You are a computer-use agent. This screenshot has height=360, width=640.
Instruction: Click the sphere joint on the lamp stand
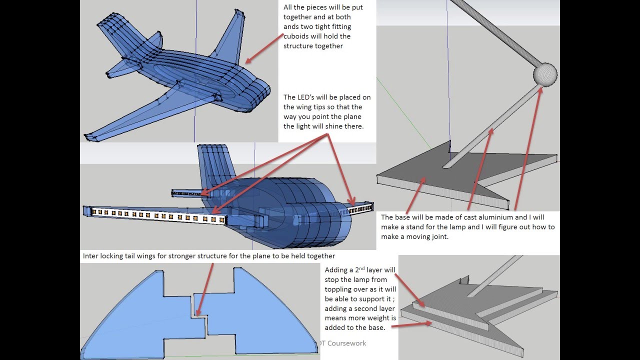(545, 74)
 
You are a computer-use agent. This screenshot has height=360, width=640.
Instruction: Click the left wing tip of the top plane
(90, 136)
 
